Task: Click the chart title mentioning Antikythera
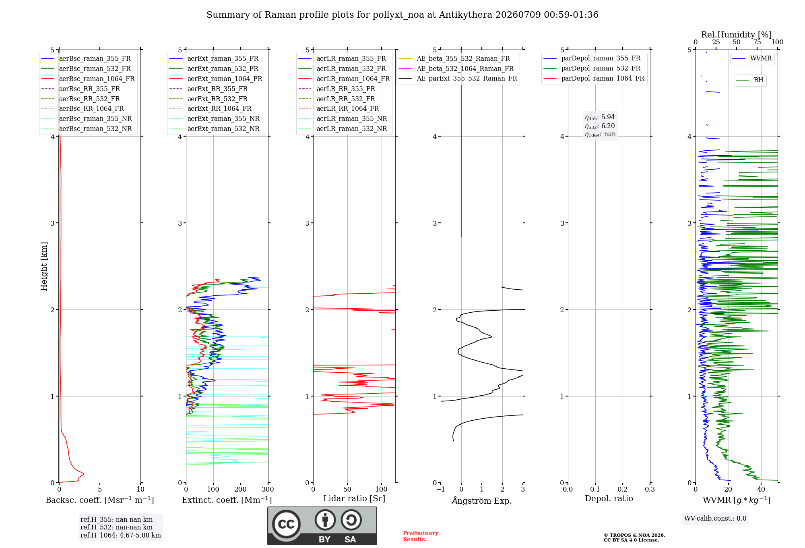402,15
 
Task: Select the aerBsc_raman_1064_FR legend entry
88,79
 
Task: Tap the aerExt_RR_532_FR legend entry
208,99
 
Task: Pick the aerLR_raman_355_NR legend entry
343,118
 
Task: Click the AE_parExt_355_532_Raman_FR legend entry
458,78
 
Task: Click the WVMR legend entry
752,58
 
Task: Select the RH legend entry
749,80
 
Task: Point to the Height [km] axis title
44,266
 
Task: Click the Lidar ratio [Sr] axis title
354,498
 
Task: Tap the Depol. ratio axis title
609,498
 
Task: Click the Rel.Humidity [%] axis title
737,35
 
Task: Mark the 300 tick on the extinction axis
268,489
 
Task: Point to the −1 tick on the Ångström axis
441,489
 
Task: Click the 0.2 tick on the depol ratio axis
623,489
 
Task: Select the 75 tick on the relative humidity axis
757,42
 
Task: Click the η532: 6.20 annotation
600,126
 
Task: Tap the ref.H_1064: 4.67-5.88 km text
121,535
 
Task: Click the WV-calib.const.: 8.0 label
715,518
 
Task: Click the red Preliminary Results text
421,536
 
